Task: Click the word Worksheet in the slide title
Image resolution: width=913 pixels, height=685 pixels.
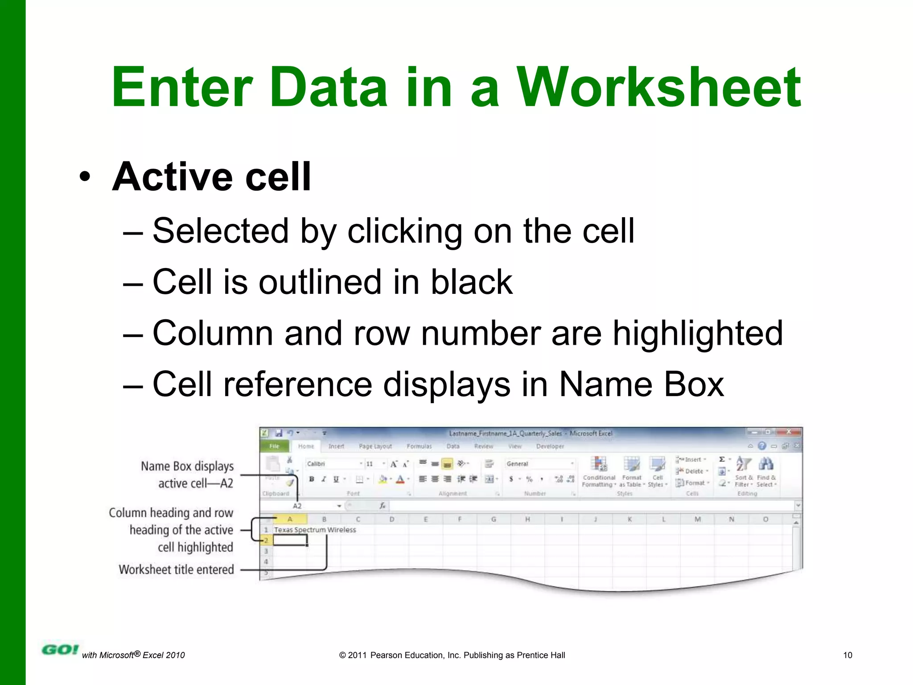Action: click(659, 87)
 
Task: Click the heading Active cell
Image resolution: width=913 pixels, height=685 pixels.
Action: click(211, 177)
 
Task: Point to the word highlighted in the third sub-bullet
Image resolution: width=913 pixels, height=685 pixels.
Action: click(697, 333)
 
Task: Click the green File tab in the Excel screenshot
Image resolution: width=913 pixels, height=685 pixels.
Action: click(274, 446)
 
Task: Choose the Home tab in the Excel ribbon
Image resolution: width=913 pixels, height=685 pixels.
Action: click(306, 446)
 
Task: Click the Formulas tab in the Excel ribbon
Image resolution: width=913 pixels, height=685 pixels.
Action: click(419, 446)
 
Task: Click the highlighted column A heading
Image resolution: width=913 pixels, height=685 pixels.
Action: click(290, 519)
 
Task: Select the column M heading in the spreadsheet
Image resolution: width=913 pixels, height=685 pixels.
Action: click(697, 519)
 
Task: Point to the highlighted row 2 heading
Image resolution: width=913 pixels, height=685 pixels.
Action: click(266, 541)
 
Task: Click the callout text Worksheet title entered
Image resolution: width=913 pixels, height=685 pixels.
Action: click(176, 569)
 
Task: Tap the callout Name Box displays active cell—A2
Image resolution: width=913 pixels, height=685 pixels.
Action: click(187, 475)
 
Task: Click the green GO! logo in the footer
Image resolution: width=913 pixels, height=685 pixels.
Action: click(60, 650)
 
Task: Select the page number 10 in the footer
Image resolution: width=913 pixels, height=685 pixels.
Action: click(847, 655)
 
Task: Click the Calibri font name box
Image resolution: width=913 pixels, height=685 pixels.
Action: click(332, 464)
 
